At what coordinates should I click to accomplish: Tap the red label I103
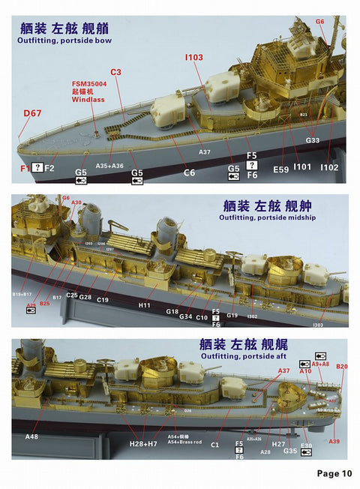[193, 57]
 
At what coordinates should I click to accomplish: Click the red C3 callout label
[115, 72]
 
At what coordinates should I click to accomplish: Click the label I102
[328, 167]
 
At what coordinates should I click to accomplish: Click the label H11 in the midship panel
[145, 305]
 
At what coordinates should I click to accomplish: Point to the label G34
[186, 316]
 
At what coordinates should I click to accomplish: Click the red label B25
[45, 303]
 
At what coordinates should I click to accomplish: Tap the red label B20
[341, 367]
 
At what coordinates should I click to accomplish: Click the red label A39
[334, 441]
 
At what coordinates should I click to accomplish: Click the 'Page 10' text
[334, 473]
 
